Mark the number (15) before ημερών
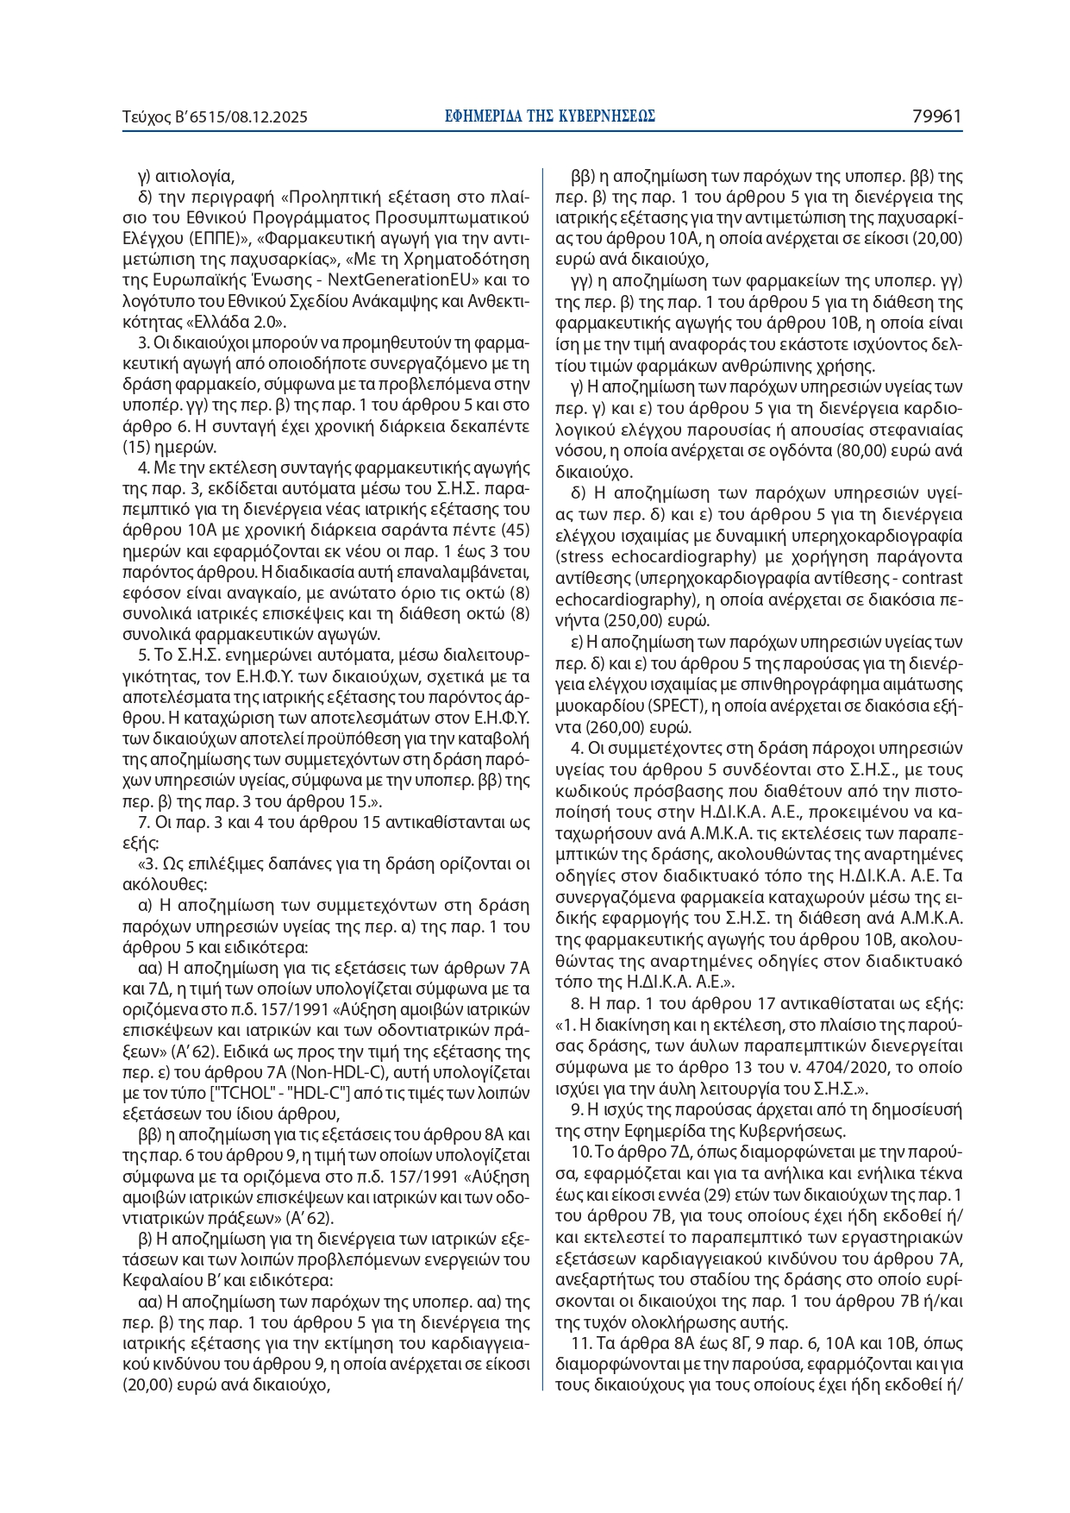[x=138, y=448]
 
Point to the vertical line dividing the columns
[x=542, y=776]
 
